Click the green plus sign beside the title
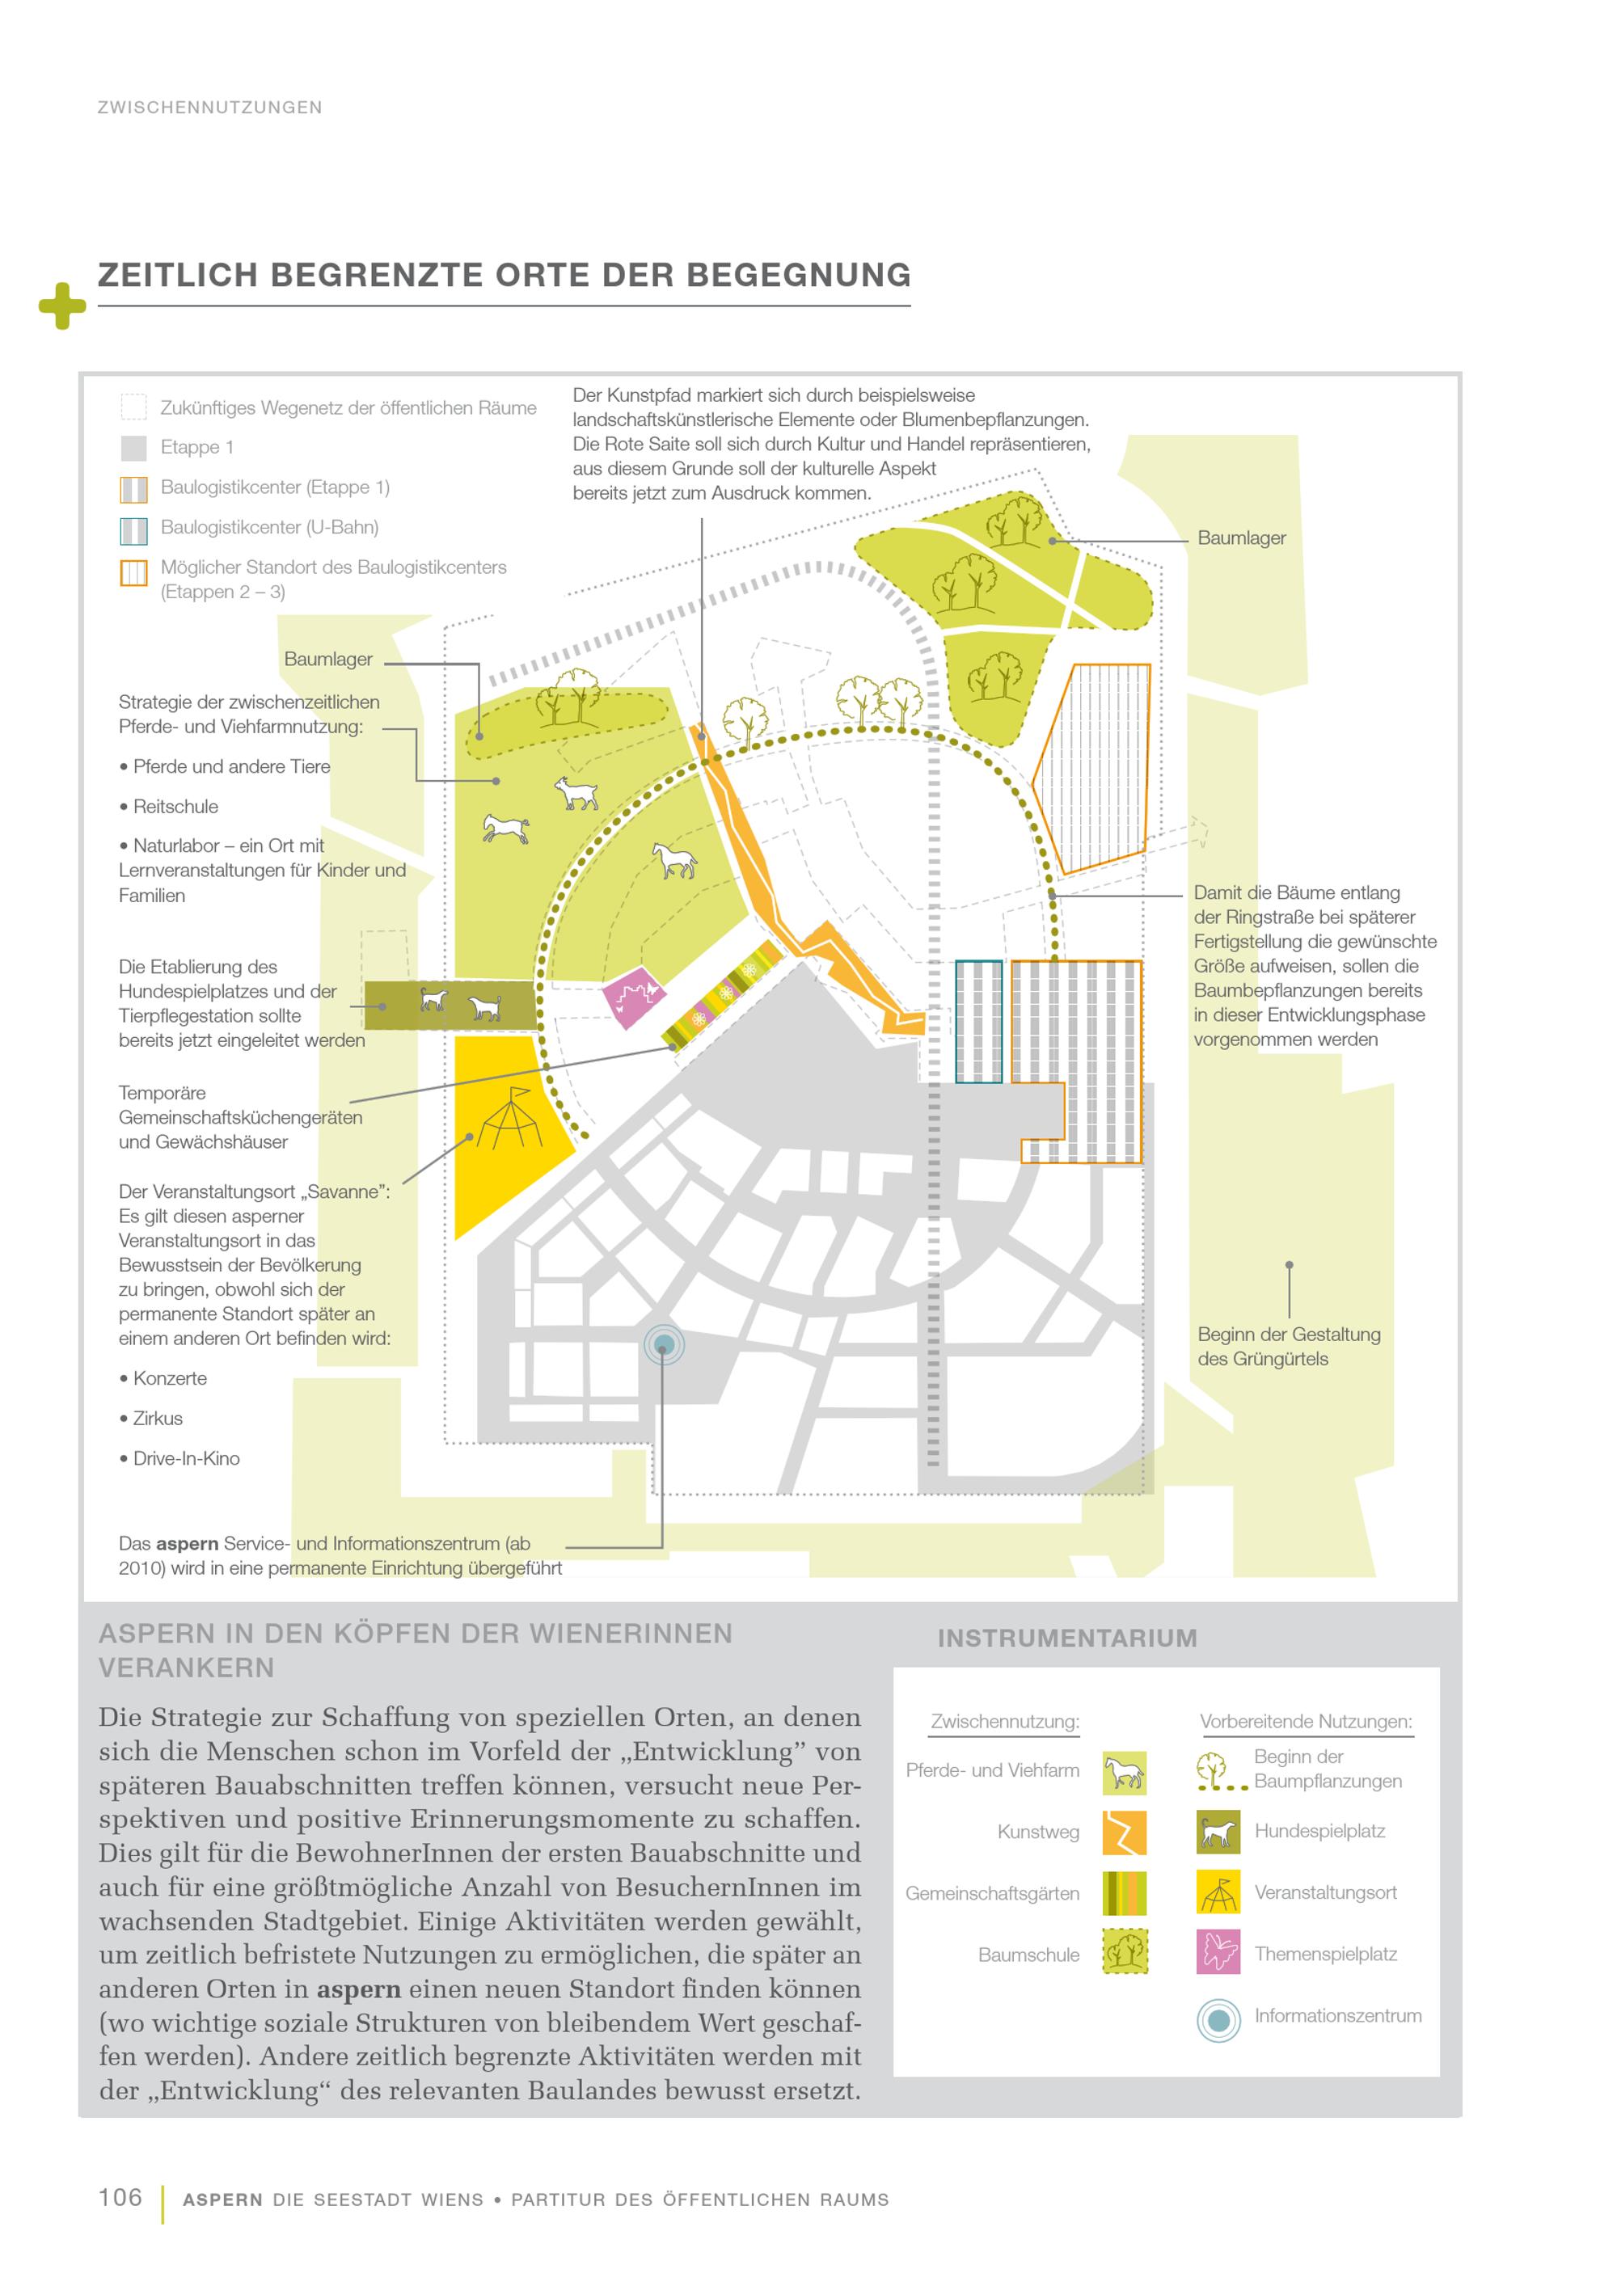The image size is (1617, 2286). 61,306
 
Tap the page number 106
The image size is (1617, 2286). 120,2197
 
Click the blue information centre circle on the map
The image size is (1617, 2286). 664,1346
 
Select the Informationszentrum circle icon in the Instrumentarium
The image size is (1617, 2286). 1218,2021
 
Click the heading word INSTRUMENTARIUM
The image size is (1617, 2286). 1066,1639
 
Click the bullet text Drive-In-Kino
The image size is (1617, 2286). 186,1458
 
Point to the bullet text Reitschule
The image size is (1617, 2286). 175,807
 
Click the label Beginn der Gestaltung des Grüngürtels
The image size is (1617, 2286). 1289,1346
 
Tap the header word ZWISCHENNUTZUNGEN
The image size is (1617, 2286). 209,108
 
